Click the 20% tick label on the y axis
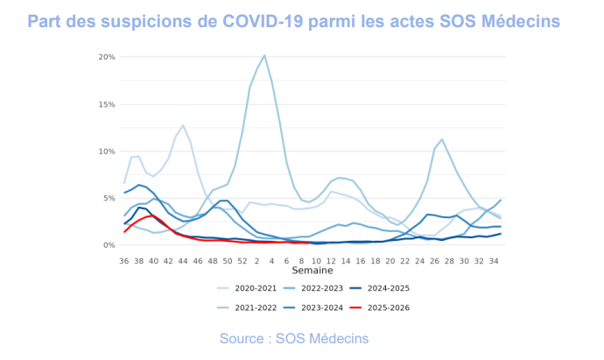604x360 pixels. (105, 57)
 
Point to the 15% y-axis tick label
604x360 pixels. (105, 104)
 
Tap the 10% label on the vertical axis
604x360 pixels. (105, 152)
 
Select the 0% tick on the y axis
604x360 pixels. (108, 245)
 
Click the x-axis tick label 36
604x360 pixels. (124, 260)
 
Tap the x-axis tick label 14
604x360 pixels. (346, 260)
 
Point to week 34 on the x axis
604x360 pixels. (494, 260)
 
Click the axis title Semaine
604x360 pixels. (313, 272)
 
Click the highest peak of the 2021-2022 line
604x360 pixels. (264, 55)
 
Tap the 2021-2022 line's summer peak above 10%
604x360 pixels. (442, 139)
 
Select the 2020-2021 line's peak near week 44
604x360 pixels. (183, 125)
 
